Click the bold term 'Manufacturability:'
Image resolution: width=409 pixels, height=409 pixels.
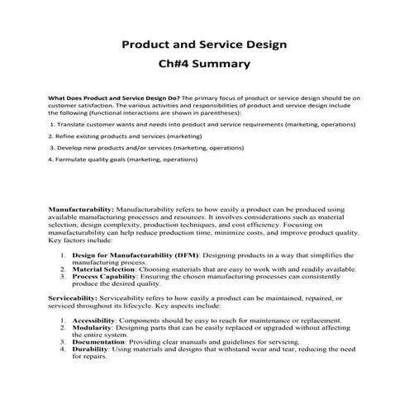point(78,211)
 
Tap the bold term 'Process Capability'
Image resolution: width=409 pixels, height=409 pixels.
point(106,277)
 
